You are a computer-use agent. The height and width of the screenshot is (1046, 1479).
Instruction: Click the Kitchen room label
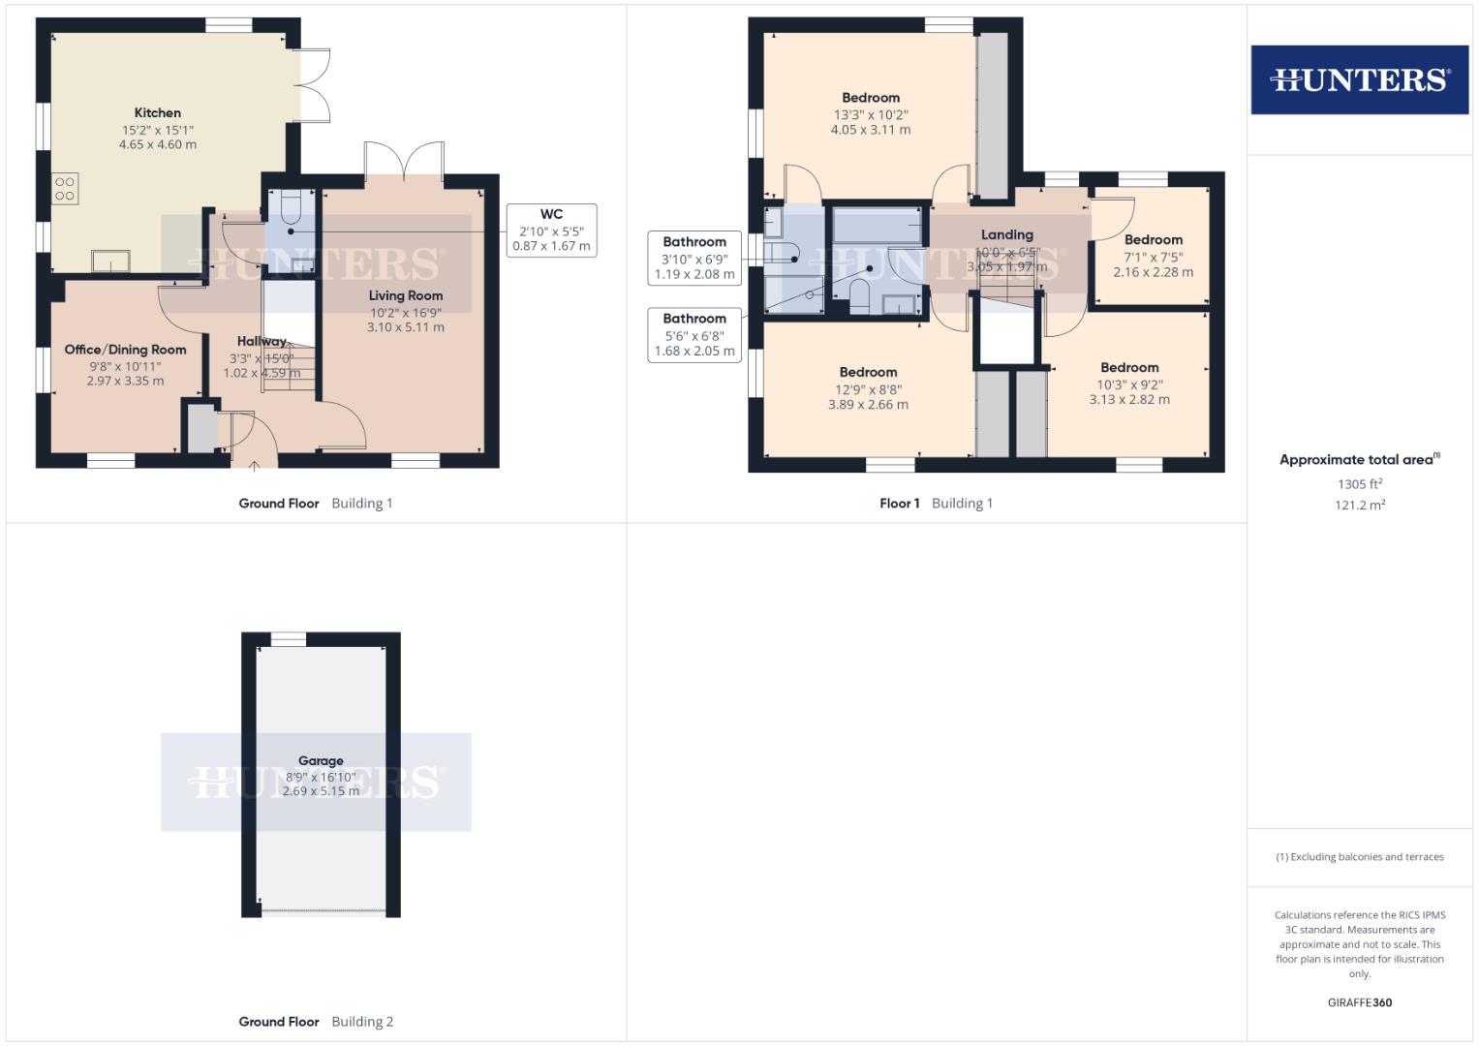pos(157,113)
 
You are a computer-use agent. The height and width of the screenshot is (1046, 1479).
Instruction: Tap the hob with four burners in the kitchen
pos(65,189)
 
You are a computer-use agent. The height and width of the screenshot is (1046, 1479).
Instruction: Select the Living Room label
pos(405,296)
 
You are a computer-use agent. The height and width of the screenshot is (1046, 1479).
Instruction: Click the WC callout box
pos(551,230)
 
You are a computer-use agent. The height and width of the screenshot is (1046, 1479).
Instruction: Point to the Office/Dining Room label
pos(125,350)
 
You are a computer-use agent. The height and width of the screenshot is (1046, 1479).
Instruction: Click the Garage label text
pos(321,761)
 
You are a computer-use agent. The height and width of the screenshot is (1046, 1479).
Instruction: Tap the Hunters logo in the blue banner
pos(1359,79)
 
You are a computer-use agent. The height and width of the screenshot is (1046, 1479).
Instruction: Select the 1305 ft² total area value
pos(1359,483)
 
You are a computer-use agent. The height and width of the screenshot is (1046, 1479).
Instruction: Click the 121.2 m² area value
pos(1359,505)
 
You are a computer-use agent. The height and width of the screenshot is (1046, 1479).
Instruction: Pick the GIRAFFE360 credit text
pos(1359,1002)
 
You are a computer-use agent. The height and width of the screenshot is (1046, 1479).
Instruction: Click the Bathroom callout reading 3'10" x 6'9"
pos(694,258)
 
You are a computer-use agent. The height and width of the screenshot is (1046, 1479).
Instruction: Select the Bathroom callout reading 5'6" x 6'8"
pos(694,334)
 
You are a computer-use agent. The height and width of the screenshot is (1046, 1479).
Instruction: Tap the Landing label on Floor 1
pos(1006,235)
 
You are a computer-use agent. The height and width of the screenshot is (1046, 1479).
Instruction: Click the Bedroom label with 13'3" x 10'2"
pos(870,98)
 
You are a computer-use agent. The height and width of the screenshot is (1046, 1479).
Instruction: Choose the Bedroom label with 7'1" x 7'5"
pos(1153,240)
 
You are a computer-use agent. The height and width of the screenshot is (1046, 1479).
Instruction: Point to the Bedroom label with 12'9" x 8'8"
pos(868,373)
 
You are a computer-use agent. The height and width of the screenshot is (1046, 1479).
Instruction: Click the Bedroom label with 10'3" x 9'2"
pos(1129,368)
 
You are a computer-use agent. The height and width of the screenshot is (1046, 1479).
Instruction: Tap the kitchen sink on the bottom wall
pos(110,261)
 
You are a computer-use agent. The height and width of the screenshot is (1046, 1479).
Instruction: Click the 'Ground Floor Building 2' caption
pos(316,1021)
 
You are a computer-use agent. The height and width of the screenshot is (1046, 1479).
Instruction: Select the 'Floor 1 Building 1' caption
pos(936,503)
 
